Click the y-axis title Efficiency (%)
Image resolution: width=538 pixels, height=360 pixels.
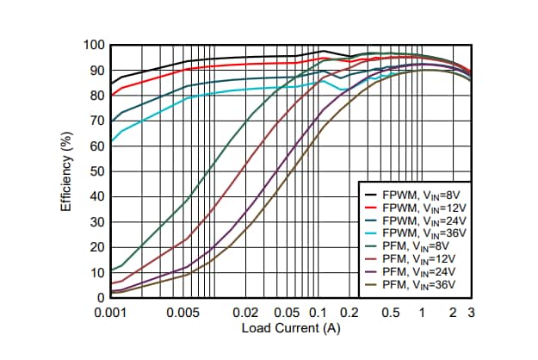(66, 171)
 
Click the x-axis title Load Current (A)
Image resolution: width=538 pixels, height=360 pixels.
(290, 328)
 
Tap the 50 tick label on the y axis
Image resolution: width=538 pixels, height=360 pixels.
(98, 171)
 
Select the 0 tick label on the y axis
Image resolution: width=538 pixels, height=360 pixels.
(101, 298)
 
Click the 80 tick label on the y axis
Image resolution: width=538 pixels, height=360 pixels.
(98, 96)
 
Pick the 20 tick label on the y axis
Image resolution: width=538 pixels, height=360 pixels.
(98, 247)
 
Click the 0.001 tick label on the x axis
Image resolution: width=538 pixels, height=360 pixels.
(112, 313)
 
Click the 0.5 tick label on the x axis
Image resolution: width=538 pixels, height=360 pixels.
(390, 313)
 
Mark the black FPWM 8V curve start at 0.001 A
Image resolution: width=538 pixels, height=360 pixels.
(112, 84)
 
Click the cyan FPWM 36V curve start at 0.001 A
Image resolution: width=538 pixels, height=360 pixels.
(112, 141)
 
